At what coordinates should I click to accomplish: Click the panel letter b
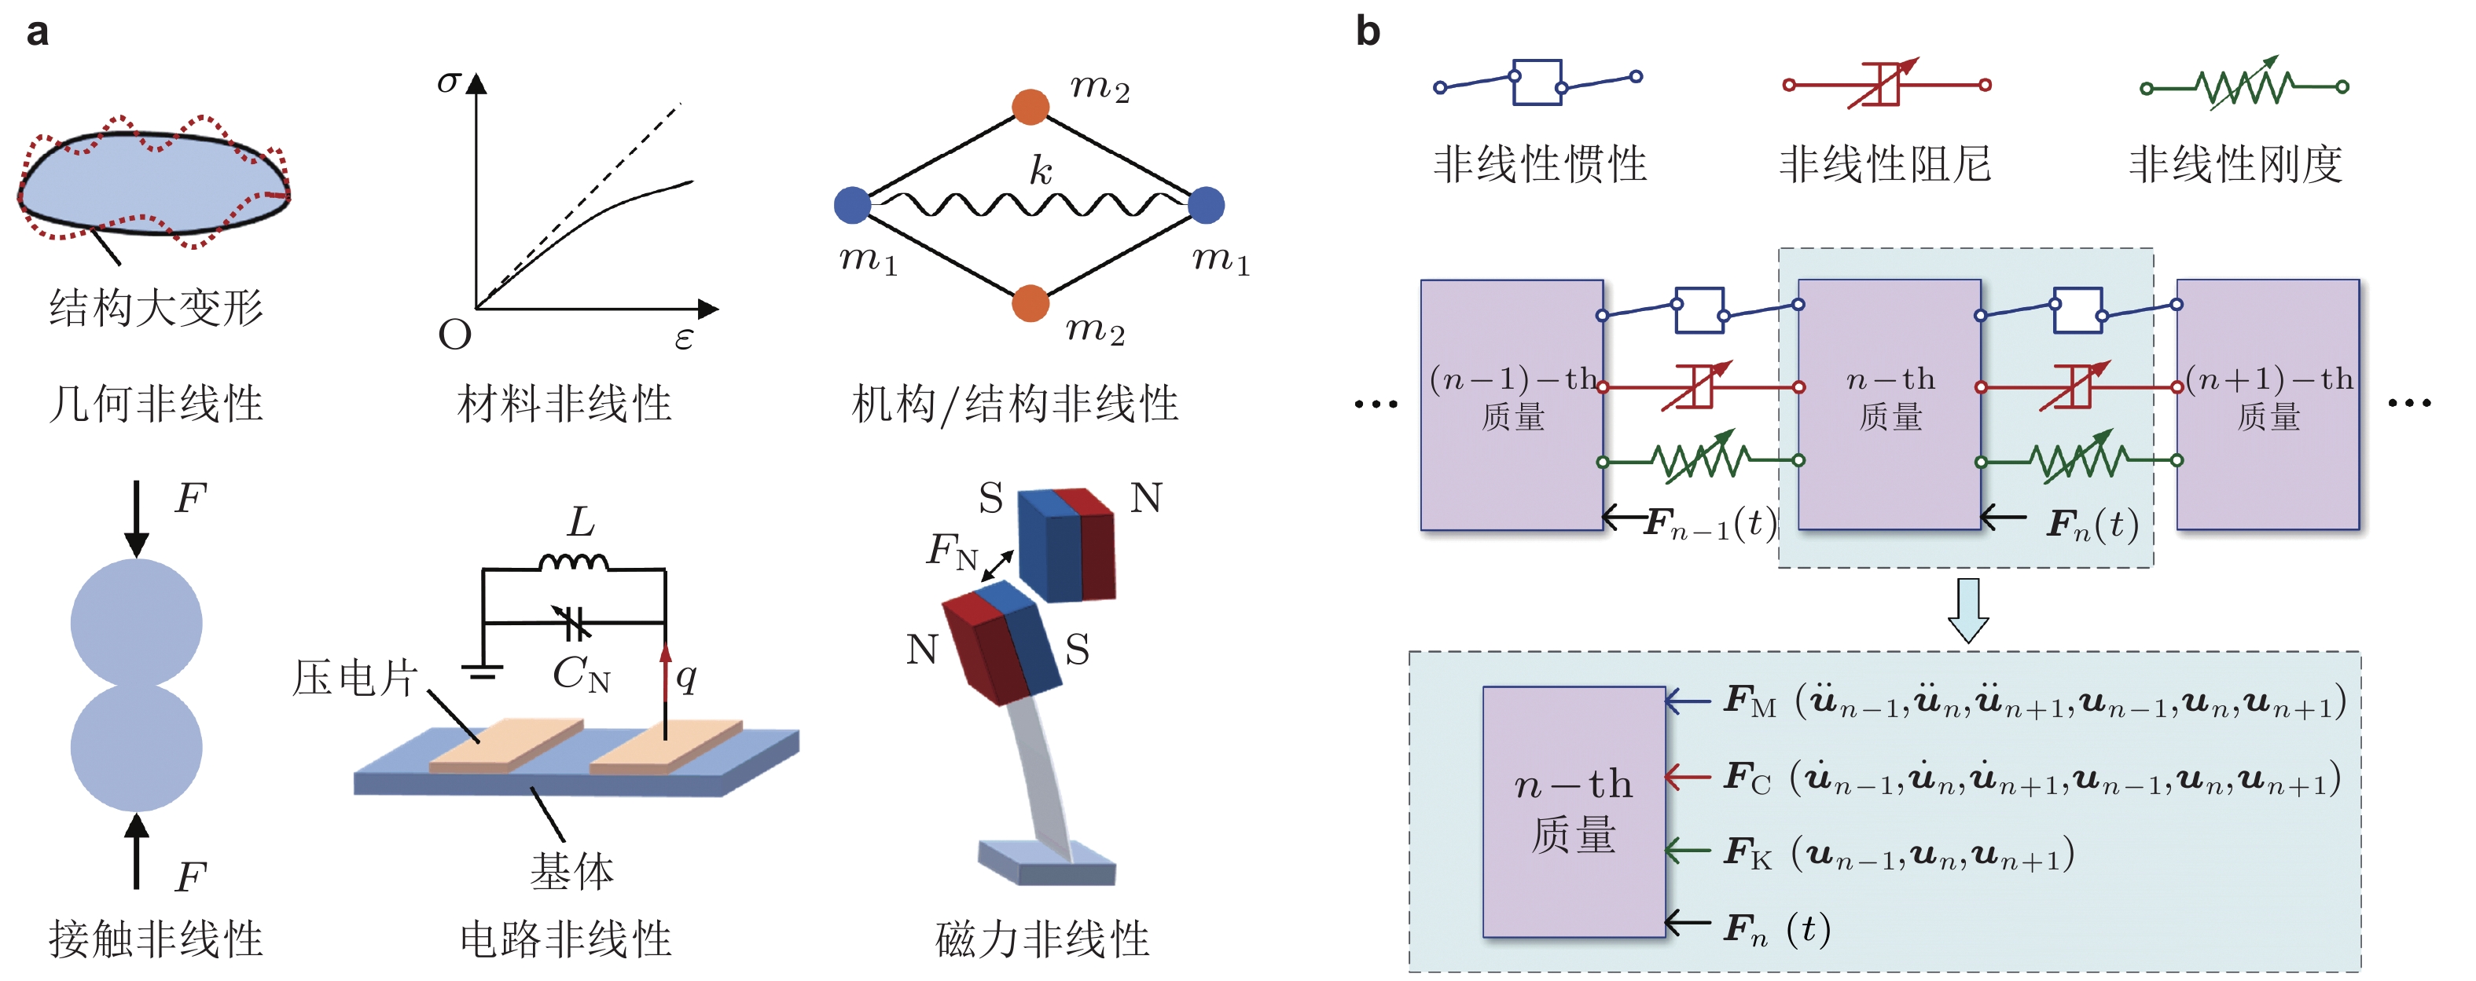click(1367, 31)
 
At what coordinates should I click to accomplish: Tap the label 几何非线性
click(156, 404)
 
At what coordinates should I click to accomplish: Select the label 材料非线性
click(564, 404)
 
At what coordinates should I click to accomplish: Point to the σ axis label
click(448, 81)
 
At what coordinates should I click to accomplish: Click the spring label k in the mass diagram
click(1040, 171)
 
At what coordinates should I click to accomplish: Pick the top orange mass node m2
click(1030, 107)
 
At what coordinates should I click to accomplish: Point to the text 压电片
click(355, 679)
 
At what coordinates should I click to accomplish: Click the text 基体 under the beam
click(572, 872)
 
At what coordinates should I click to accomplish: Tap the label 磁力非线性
click(1042, 939)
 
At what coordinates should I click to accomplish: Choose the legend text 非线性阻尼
click(1885, 163)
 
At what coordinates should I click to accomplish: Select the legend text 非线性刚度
click(2235, 163)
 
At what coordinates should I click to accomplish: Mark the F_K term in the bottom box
click(1747, 852)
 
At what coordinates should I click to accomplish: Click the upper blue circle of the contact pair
click(137, 623)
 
